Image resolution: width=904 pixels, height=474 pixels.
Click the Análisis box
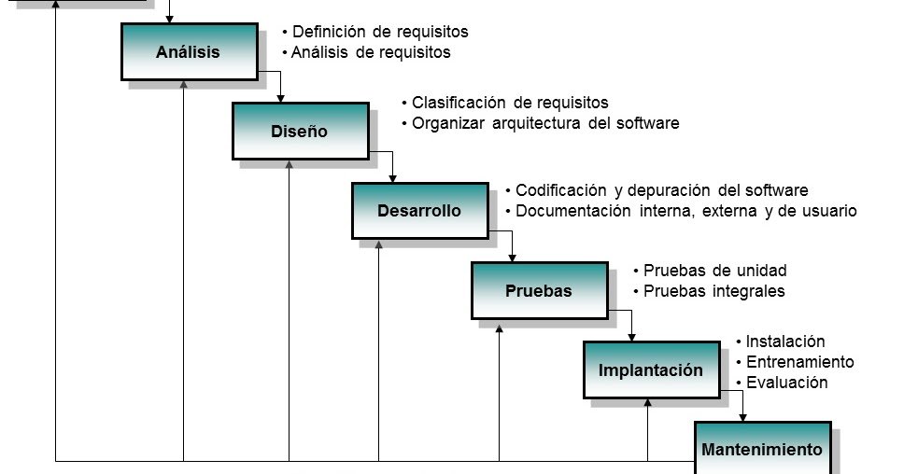click(188, 52)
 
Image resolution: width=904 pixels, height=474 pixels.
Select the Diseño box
click(299, 132)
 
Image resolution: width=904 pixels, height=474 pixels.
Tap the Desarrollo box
click(418, 211)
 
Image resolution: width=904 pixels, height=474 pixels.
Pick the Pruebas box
click(538, 291)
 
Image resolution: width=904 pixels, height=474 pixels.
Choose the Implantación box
click(650, 370)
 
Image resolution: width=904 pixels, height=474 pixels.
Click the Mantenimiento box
click(761, 450)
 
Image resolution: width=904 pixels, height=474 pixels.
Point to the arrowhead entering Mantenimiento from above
click(743, 417)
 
